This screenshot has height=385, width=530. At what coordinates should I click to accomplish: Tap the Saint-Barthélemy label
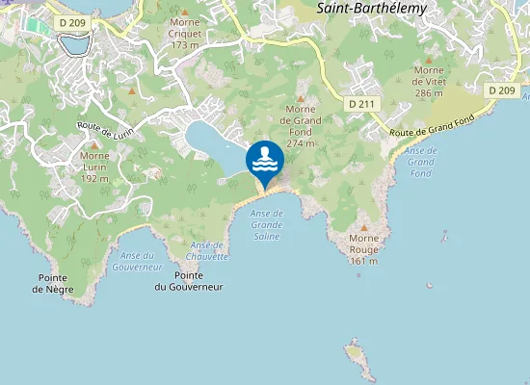(371, 7)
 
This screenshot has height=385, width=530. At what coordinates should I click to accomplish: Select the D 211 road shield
(360, 103)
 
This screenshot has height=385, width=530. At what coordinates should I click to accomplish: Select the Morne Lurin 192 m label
(94, 167)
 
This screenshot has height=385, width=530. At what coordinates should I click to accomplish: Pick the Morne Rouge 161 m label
(363, 249)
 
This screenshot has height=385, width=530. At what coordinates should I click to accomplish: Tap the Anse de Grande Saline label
(267, 223)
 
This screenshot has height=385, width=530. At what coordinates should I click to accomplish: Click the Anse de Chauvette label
(208, 250)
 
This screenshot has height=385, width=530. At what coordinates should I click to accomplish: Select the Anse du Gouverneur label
(140, 260)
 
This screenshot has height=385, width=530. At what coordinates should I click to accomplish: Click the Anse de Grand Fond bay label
(421, 162)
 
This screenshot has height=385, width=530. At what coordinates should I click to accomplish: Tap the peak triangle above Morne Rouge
(363, 228)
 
